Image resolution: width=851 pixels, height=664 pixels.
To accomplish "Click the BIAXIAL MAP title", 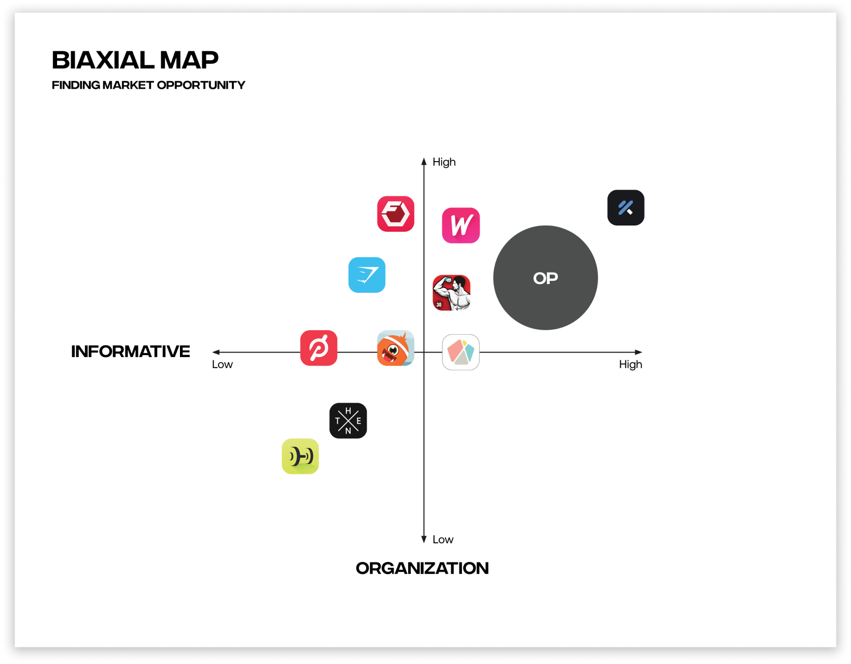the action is tap(135, 60).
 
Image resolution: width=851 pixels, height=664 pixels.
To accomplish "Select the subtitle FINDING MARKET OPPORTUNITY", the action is tap(148, 85).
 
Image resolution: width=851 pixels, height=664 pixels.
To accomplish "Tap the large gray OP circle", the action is tap(545, 278).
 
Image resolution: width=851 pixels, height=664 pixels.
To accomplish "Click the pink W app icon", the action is tap(461, 225).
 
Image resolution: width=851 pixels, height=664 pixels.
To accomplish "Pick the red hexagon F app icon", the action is tap(396, 214).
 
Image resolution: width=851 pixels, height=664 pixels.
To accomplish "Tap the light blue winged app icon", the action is tap(367, 275).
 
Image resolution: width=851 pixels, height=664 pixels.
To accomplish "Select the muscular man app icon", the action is tap(452, 293).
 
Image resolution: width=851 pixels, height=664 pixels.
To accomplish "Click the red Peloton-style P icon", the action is tap(318, 348).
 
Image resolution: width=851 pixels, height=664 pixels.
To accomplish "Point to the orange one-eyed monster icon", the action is tap(395, 348).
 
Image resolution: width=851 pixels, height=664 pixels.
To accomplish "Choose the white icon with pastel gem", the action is tap(461, 352).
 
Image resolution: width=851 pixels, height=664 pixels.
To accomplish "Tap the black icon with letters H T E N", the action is tap(348, 420).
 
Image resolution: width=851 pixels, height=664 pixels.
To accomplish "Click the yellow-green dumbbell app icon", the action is tap(300, 456).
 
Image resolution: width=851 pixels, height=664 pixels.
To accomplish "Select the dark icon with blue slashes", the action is tap(625, 208).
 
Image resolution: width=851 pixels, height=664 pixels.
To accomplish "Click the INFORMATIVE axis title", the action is tap(131, 351).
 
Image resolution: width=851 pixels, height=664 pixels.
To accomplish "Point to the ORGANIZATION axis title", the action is tap(422, 568).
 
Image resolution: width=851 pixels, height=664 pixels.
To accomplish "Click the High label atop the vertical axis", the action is tap(444, 162).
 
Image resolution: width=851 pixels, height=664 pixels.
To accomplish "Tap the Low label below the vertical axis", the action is tap(443, 540).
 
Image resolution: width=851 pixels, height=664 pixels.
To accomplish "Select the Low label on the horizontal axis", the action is tap(222, 364).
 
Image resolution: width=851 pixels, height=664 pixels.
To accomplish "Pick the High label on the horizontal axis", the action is tap(630, 364).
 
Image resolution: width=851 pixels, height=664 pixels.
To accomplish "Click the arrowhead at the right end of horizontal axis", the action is tap(639, 352).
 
